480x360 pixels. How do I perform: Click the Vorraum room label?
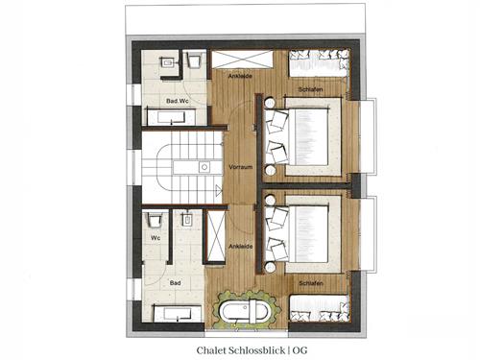click(x=241, y=167)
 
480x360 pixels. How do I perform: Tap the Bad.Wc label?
click(x=178, y=101)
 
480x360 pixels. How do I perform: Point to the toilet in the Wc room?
click(x=155, y=220)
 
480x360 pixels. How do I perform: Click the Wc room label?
click(x=156, y=238)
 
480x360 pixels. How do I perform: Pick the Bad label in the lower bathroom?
click(x=175, y=283)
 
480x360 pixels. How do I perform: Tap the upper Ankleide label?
click(x=240, y=76)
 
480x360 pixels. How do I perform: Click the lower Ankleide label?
click(x=241, y=247)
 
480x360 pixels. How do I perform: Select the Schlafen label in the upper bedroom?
click(x=310, y=89)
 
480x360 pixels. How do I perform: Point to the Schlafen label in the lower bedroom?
click(x=311, y=283)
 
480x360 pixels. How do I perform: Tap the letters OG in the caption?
click(x=300, y=350)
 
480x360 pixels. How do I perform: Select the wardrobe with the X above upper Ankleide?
click(x=242, y=60)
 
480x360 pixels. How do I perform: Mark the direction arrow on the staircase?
click(x=218, y=190)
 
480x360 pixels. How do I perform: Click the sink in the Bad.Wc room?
click(x=167, y=62)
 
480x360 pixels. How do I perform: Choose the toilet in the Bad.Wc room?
click(x=194, y=60)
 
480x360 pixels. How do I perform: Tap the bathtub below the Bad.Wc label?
click(x=172, y=118)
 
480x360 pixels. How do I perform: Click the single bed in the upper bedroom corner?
click(x=319, y=63)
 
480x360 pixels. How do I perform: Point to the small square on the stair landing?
click(x=204, y=167)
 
